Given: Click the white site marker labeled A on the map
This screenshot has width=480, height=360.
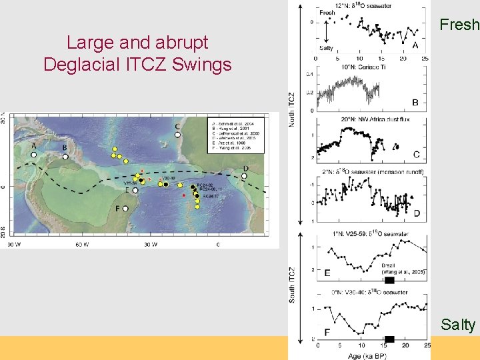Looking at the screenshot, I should coord(33,154).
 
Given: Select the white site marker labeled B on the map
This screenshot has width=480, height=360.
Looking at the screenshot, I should coord(65,157).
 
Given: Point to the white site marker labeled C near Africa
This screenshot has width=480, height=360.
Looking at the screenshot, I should coord(177,135).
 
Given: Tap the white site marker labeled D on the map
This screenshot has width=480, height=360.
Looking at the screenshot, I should coord(244,176).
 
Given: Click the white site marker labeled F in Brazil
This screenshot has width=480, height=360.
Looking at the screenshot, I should coord(125,209).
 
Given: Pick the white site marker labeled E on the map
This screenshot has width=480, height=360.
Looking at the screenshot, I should coord(135,190).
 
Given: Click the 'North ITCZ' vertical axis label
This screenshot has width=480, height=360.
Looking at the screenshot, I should coord(291,111).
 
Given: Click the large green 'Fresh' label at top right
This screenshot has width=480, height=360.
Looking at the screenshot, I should coord(459,25).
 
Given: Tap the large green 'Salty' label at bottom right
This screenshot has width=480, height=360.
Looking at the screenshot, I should coord(458,325).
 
